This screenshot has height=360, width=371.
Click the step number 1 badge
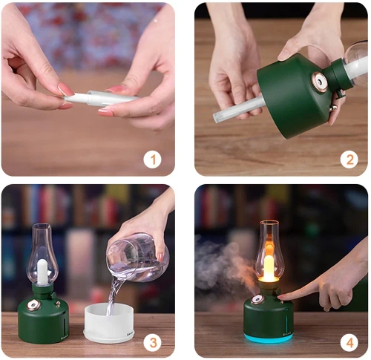(152, 159)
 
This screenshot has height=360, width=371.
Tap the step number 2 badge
(349, 158)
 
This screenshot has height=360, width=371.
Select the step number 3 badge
(153, 342)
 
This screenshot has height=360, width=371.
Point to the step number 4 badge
(349, 342)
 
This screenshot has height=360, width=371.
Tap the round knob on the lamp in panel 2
(320, 82)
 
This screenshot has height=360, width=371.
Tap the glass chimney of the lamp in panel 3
(42, 252)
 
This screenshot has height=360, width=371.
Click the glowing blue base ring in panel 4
(268, 338)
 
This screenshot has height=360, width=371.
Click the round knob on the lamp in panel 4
(257, 300)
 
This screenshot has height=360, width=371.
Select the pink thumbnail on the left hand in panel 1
(66, 89)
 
